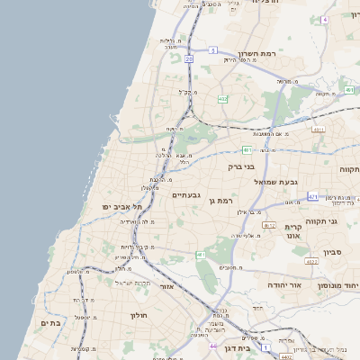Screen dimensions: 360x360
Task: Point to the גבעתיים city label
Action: (x=185, y=195)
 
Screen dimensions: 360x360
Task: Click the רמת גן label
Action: (x=220, y=201)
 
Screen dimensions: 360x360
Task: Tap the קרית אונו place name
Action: (x=292, y=231)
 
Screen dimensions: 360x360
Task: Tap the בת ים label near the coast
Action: (x=49, y=322)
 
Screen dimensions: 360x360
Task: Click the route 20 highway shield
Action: (x=190, y=58)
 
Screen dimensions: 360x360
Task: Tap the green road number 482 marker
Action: (x=222, y=99)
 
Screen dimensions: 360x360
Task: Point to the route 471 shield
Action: (x=312, y=196)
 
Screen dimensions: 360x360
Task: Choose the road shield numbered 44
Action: (x=213, y=345)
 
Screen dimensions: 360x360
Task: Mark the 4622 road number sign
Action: (x=269, y=224)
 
